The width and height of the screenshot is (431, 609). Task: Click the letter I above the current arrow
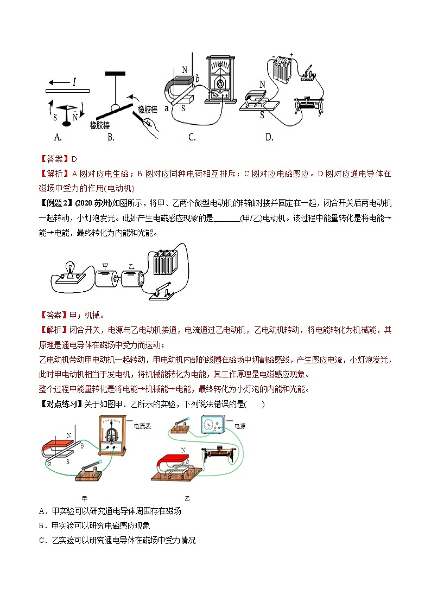[x=74, y=82]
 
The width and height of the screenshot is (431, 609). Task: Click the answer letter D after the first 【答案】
[x=74, y=159]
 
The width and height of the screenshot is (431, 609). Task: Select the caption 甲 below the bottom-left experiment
[x=83, y=498]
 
